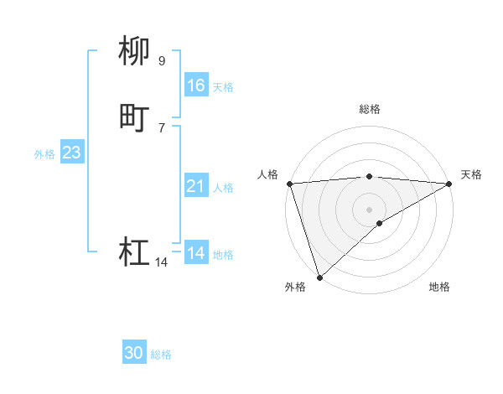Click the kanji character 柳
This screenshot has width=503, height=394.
tap(134, 51)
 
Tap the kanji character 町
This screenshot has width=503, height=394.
tap(134, 117)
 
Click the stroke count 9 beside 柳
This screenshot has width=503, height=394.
tap(161, 60)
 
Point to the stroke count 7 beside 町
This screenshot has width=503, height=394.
tap(161, 127)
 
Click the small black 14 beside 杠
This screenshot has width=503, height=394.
tap(161, 262)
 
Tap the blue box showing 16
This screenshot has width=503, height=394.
tap(196, 86)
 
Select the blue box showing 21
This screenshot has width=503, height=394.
tap(196, 186)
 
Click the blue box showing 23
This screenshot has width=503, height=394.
tap(71, 153)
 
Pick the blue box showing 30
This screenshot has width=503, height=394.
tap(134, 353)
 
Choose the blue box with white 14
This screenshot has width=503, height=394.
tap(196, 253)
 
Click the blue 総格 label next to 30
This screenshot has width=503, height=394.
tap(161, 355)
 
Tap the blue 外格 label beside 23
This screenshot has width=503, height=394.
tap(44, 154)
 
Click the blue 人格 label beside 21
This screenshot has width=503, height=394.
tap(223, 188)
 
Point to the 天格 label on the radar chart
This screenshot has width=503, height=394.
tap(471, 174)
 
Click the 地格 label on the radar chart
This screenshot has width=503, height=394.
tap(439, 288)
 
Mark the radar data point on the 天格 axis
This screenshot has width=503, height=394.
tap(450, 184)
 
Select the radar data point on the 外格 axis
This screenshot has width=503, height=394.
tap(319, 277)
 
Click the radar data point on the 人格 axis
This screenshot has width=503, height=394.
tap(289, 184)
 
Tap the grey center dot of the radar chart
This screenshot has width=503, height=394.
tap(370, 209)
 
